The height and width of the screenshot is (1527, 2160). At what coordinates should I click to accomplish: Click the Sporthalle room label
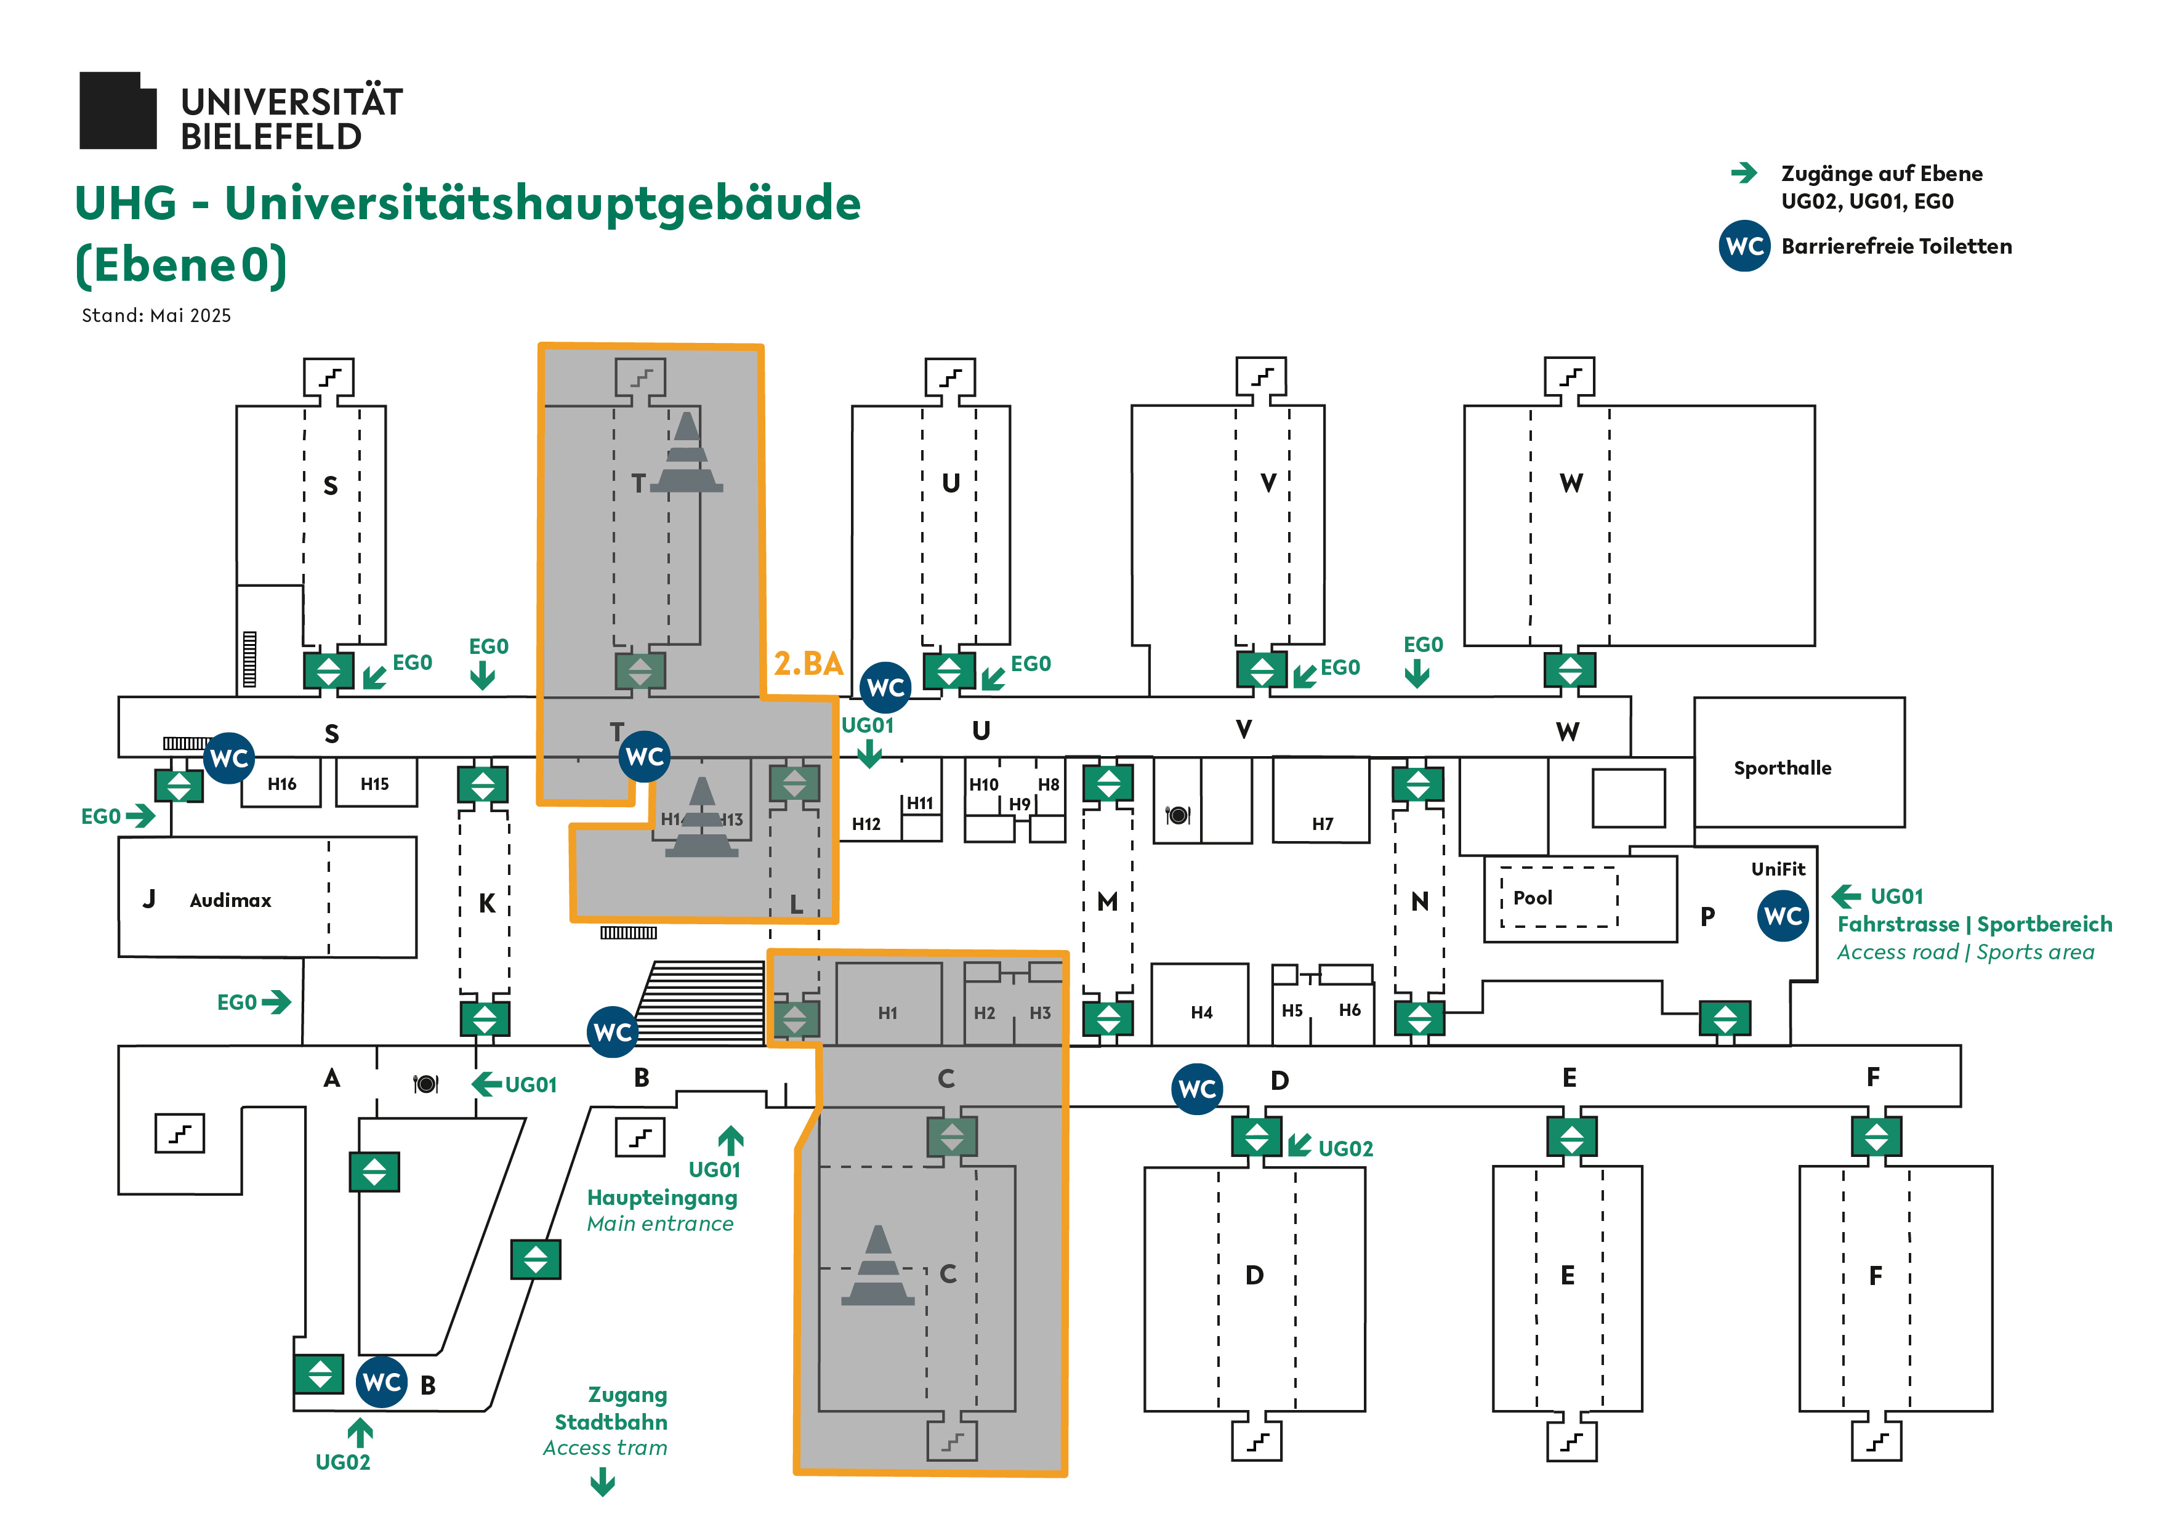coord(1782,768)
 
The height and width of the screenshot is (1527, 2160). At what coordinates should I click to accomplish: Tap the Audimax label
coord(230,900)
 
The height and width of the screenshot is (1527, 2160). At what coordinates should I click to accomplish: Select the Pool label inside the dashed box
coord(1533,898)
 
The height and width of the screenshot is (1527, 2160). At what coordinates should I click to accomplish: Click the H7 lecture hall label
coord(1322,824)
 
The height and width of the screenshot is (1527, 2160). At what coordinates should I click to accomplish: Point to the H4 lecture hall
coord(1201,1012)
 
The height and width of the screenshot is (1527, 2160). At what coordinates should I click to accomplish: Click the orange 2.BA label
coord(808,664)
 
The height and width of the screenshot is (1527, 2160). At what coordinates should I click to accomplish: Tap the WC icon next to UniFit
coord(1782,916)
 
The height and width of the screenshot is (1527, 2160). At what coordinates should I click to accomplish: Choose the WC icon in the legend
coord(1744,246)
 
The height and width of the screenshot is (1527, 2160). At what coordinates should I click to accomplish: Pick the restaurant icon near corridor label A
coord(425,1084)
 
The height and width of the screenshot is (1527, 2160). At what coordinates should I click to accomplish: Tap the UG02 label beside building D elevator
coord(1345,1149)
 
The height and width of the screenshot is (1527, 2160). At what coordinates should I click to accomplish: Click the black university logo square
coord(118,111)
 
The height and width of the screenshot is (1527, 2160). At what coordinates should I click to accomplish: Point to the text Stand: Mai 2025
coord(156,316)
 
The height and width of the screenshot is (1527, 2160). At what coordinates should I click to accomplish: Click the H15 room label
coord(374,784)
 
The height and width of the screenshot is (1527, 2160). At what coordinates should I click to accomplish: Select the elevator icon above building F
coord(1876,1135)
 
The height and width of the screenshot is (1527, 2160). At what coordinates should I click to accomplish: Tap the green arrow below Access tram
coord(603,1484)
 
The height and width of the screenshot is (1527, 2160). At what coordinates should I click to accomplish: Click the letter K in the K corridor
coord(486,903)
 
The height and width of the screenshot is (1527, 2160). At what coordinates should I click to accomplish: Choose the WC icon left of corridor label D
coord(1196,1089)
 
